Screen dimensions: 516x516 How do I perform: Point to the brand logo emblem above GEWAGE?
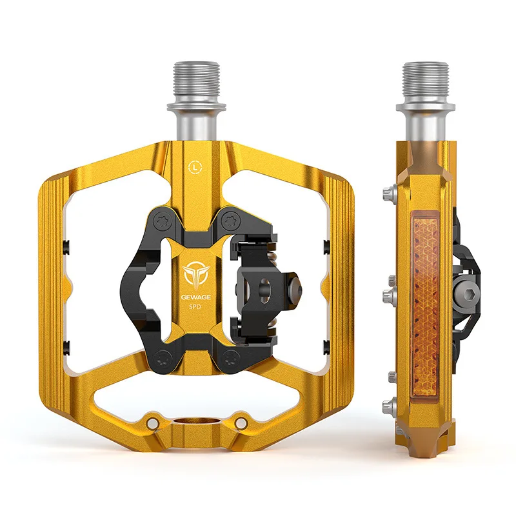pos(194,272)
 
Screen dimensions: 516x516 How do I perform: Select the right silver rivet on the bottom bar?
pos(241,422)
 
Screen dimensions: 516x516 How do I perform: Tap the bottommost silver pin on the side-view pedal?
pos(388,406)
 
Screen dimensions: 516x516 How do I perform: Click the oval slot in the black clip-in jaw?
pos(264,286)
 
